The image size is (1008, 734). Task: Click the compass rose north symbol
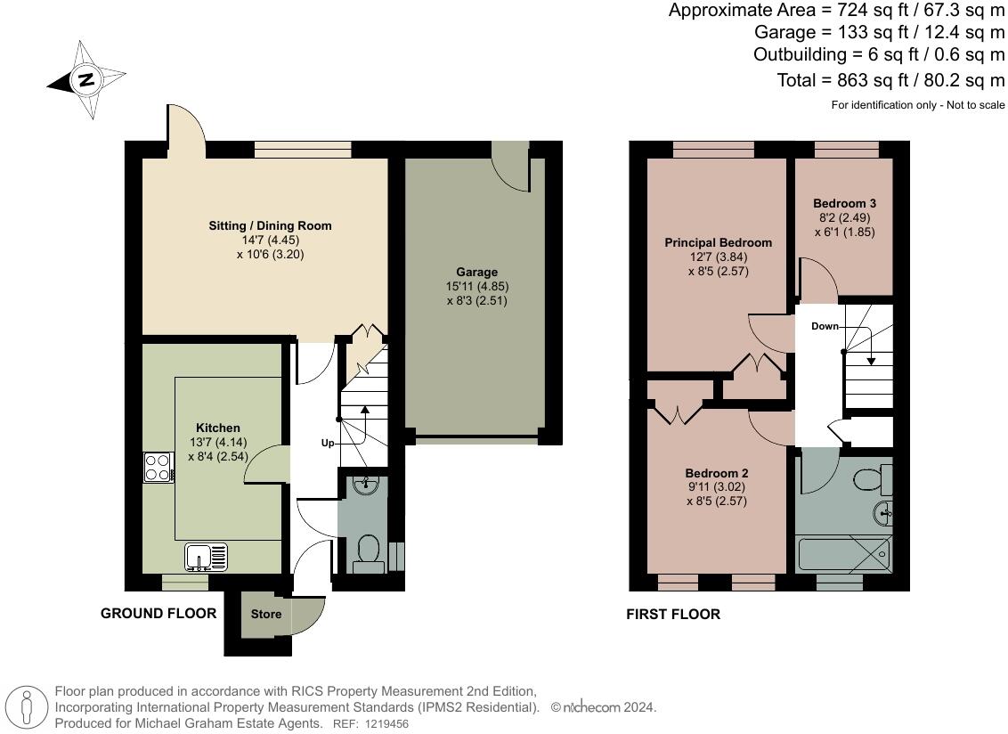86,80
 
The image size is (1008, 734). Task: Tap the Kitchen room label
218,428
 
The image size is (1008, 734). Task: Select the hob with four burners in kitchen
159,468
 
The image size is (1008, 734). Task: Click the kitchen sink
206,557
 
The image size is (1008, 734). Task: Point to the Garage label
477,272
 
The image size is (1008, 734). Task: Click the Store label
266,614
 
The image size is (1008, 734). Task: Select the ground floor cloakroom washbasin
367,485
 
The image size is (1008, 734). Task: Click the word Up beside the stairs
328,444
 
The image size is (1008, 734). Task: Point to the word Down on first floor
825,326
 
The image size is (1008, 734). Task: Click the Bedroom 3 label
845,203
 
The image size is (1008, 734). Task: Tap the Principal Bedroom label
718,242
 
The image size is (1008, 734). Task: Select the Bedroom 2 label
717,473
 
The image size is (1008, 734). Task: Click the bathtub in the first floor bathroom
843,555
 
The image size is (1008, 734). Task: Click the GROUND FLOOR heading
159,613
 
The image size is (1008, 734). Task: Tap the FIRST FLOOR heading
673,615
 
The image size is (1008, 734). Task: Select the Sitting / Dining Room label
270,225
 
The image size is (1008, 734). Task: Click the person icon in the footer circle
27,706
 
